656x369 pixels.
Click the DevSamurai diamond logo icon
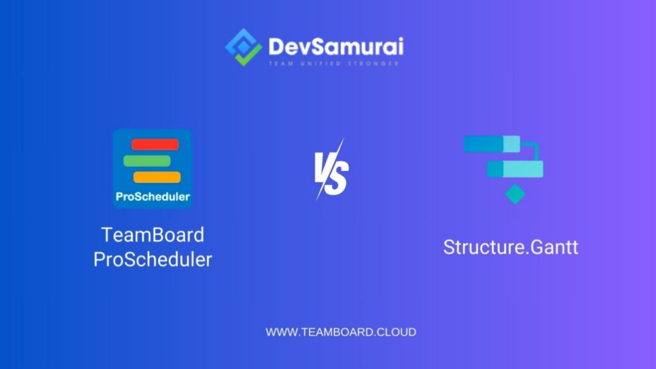click(x=244, y=47)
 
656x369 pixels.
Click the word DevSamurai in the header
click(x=336, y=46)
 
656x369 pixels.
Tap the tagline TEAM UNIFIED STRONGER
click(x=334, y=64)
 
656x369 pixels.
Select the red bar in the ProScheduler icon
click(x=155, y=145)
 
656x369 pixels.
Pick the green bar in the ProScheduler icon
click(x=147, y=161)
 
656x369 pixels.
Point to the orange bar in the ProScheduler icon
click(x=157, y=177)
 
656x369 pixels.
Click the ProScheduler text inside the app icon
click(x=152, y=197)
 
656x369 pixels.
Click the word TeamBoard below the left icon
click(x=152, y=235)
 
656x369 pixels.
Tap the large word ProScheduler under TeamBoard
click(x=152, y=259)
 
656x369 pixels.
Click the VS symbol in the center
click(x=332, y=170)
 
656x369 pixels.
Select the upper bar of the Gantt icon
click(x=491, y=144)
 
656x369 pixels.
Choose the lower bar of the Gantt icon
click(x=515, y=169)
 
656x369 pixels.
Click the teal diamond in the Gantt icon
click(x=515, y=194)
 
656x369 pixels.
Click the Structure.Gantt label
click(x=511, y=247)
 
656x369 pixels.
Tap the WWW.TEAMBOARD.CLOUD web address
click(x=341, y=332)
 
